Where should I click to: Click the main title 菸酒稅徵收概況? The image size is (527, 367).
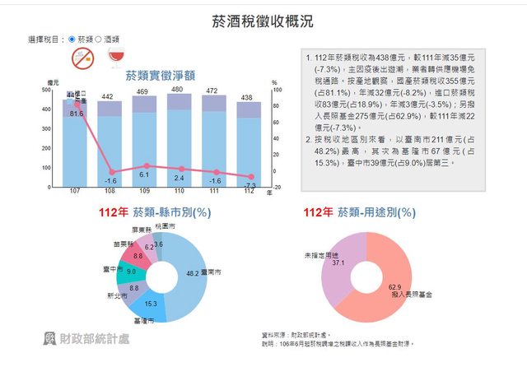263,21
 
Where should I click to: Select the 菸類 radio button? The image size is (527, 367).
72,39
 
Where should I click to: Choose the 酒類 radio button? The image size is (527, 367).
99,39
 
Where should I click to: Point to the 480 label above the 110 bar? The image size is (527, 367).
177,89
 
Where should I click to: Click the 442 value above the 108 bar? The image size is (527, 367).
107,97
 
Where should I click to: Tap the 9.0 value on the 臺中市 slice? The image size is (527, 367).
132,272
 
